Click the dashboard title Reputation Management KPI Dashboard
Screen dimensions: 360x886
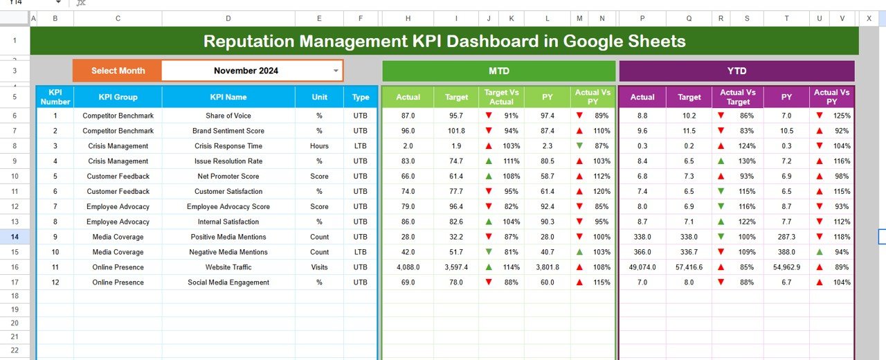click(x=444, y=42)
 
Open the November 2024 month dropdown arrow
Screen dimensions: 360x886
click(x=336, y=71)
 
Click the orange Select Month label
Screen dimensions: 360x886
click(x=118, y=71)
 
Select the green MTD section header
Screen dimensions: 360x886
click(x=498, y=71)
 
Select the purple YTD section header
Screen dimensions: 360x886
click(x=736, y=71)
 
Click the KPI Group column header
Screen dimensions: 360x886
click(x=118, y=97)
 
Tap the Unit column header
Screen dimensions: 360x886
click(x=319, y=97)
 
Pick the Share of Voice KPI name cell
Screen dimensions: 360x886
click(x=228, y=116)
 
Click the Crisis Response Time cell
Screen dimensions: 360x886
click(x=228, y=146)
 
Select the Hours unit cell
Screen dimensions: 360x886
click(x=319, y=146)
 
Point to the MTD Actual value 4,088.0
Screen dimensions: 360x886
click(x=408, y=267)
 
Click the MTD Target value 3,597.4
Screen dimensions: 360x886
click(x=456, y=267)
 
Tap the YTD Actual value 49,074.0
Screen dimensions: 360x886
click(x=642, y=267)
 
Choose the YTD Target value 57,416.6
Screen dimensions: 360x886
click(x=689, y=267)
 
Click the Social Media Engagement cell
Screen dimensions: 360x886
click(x=228, y=282)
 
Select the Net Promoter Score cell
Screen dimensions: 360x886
click(x=228, y=177)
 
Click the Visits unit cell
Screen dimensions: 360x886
click(x=319, y=267)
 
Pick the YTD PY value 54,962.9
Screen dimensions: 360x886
click(x=786, y=267)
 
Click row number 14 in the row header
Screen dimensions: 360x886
click(x=15, y=237)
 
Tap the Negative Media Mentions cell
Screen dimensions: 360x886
click(x=228, y=252)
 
